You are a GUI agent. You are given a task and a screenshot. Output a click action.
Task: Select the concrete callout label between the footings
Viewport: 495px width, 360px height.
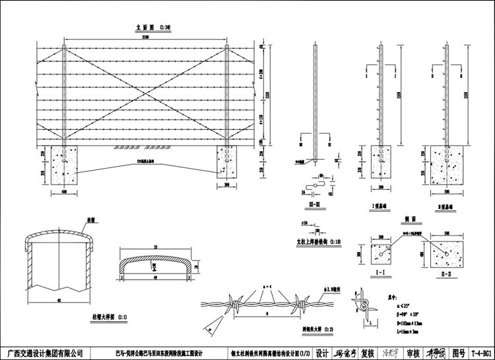(x=145, y=160)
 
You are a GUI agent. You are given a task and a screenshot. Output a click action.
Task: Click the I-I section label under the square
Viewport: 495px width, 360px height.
(x=381, y=271)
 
